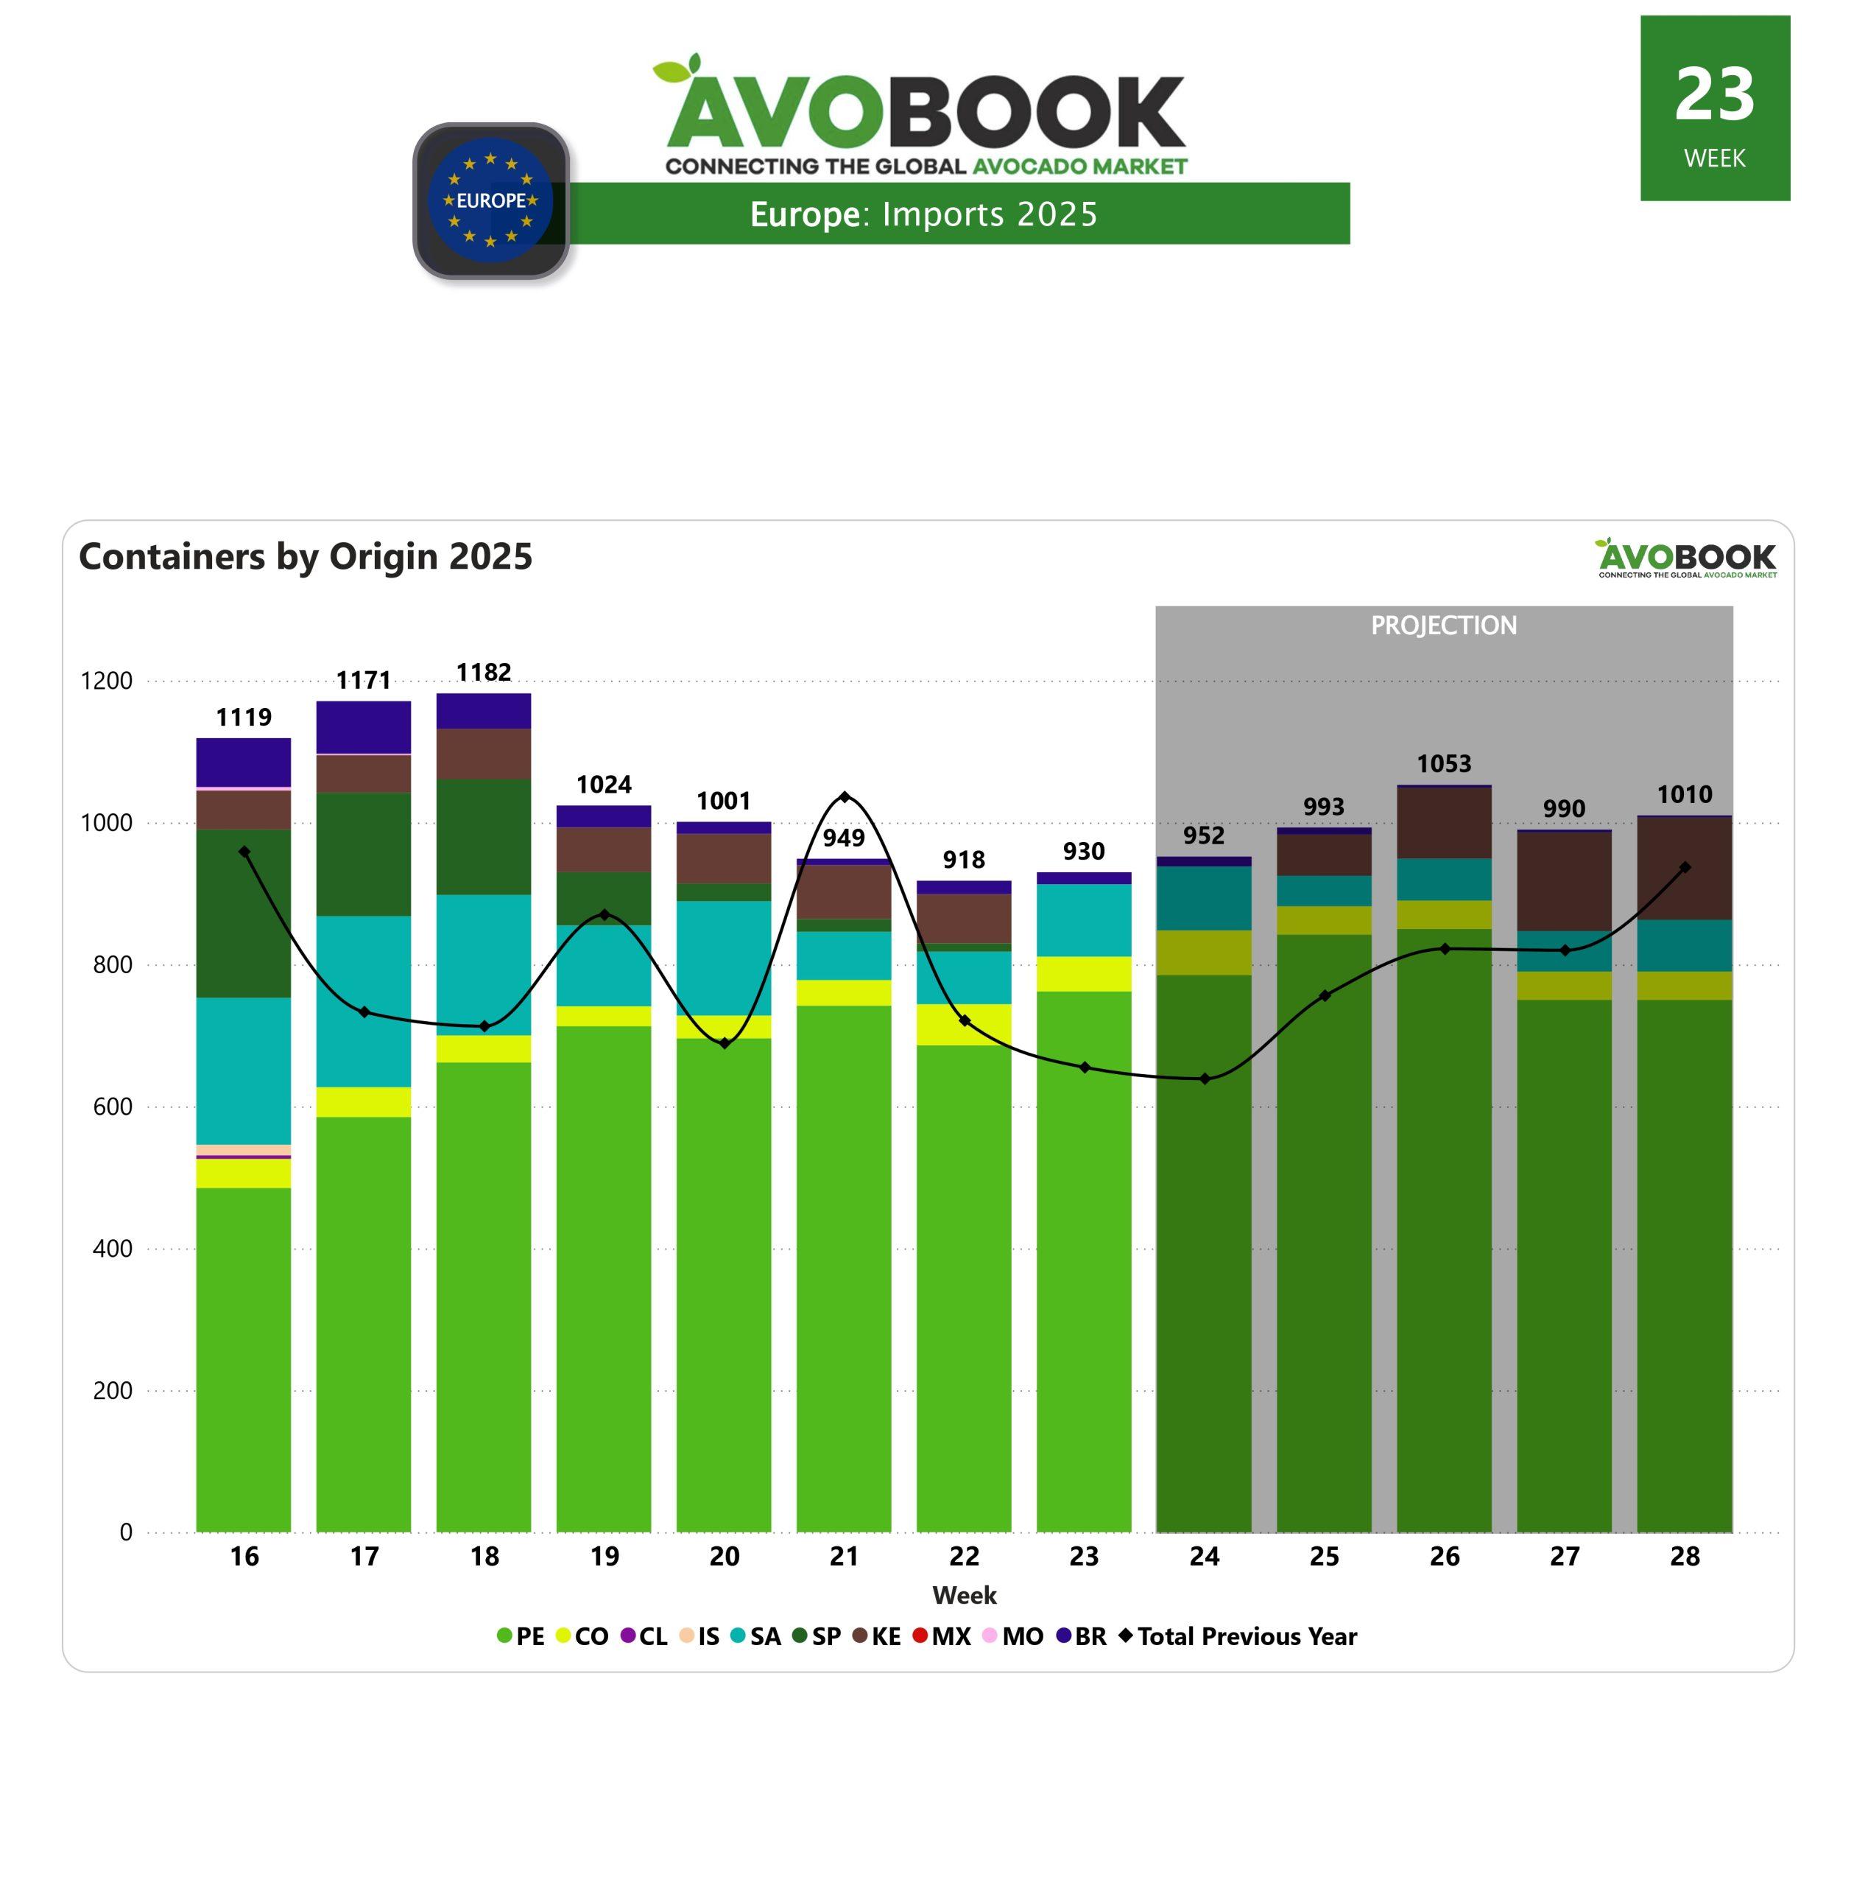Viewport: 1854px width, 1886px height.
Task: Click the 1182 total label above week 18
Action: click(x=484, y=672)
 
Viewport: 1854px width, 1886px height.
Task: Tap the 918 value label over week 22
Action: click(x=963, y=859)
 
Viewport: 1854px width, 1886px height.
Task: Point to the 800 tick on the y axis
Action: click(x=113, y=964)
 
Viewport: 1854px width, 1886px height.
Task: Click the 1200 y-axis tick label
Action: click(x=107, y=681)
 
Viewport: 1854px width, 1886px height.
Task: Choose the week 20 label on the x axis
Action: click(x=724, y=1557)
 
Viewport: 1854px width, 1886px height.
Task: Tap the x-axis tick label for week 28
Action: click(x=1684, y=1557)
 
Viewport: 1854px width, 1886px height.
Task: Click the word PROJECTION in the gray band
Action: click(x=1443, y=625)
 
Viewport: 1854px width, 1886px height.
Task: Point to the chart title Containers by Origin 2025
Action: click(x=306, y=556)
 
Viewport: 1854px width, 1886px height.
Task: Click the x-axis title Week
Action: click(x=964, y=1596)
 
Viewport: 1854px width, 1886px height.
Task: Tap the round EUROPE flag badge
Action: click(x=491, y=200)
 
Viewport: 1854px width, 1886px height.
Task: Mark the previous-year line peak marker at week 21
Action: click(x=845, y=797)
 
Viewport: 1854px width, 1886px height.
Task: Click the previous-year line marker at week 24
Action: click(x=1205, y=1079)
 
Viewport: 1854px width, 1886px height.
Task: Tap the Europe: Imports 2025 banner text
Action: click(x=923, y=214)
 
